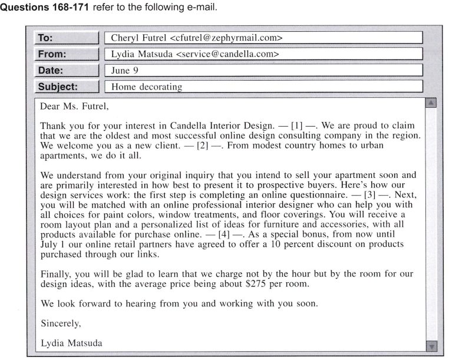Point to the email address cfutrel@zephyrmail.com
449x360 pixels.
(x=227, y=38)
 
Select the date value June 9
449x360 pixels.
(x=125, y=70)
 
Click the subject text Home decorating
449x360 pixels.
(x=146, y=87)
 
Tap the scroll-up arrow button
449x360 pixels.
(x=431, y=103)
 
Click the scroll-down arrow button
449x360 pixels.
(x=431, y=346)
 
